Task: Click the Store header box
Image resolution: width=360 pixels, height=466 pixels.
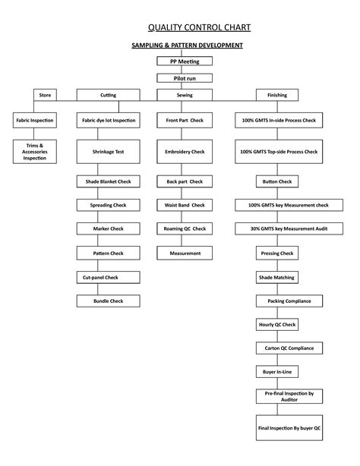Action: click(x=45, y=95)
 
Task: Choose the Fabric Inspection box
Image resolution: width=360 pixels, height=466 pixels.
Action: click(x=33, y=121)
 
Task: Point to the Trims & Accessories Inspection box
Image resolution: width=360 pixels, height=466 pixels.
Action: click(x=34, y=150)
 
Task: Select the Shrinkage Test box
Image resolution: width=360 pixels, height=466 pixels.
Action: click(x=108, y=152)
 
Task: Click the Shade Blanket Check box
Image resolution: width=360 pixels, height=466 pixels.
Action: click(x=108, y=182)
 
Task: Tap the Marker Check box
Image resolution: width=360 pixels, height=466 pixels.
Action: click(x=108, y=228)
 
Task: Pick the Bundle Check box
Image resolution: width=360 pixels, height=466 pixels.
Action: click(x=108, y=301)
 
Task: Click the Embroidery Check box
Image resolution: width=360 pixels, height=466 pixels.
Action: click(x=185, y=152)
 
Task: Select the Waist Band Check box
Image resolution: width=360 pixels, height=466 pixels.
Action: click(x=185, y=205)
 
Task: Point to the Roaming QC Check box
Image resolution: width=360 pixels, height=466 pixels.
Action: click(x=185, y=228)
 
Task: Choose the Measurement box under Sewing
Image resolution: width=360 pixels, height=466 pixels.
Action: click(x=185, y=253)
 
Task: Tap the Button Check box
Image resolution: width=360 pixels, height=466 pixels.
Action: click(x=277, y=182)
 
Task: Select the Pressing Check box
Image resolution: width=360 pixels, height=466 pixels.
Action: click(x=277, y=253)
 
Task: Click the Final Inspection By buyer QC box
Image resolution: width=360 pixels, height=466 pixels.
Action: click(x=289, y=428)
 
